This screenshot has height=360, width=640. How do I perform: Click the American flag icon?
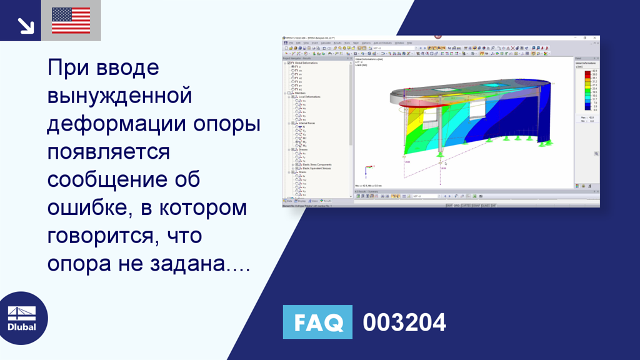(x=71, y=21)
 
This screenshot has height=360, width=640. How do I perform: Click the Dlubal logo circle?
(x=21, y=317)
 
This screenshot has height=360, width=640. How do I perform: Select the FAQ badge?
(x=317, y=322)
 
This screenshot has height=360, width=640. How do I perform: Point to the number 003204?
(x=404, y=322)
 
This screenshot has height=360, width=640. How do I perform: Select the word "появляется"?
(x=108, y=151)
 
